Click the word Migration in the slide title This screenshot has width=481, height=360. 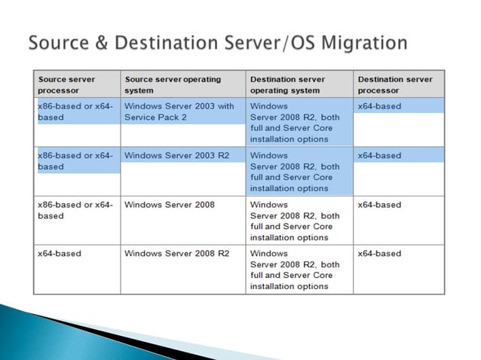click(369, 42)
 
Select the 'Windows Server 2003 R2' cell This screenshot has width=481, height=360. click(173, 155)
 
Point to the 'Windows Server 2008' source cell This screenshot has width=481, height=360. click(170, 205)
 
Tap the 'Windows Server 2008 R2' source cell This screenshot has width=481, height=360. click(176, 254)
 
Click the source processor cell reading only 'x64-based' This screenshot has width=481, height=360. click(60, 254)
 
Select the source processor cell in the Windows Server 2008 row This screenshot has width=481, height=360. click(75, 210)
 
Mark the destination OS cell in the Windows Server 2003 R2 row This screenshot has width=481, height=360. click(295, 172)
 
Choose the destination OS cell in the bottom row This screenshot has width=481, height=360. click(295, 270)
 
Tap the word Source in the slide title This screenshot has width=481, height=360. click(55, 42)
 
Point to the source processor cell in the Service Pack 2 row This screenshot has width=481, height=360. click(75, 112)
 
